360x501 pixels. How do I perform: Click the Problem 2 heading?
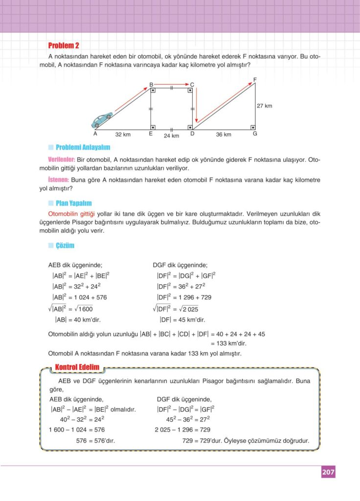(x=64, y=46)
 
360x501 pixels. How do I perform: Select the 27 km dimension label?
(x=264, y=106)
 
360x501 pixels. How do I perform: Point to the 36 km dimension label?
(x=224, y=135)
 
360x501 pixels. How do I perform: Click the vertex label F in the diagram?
(x=255, y=79)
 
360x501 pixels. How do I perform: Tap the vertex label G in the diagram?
(x=255, y=134)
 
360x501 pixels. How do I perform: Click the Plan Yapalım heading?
(x=73, y=203)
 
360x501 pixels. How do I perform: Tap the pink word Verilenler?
(x=61, y=159)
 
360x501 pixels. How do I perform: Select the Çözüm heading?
(x=65, y=246)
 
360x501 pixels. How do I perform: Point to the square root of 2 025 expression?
(x=186, y=309)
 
